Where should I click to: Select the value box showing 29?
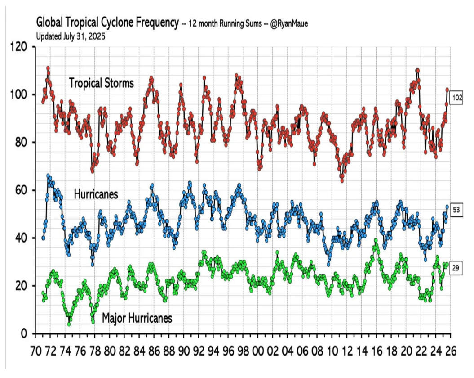(x=455, y=269)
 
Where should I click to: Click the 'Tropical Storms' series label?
(x=101, y=83)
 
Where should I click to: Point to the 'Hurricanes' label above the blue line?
(x=96, y=194)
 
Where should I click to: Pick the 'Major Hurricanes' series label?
(x=137, y=318)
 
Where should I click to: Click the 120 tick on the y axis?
(x=20, y=47)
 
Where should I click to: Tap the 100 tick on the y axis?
(x=20, y=94)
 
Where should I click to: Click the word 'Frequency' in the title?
(x=153, y=23)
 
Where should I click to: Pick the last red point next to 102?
(x=447, y=90)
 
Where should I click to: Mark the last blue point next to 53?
(x=447, y=207)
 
